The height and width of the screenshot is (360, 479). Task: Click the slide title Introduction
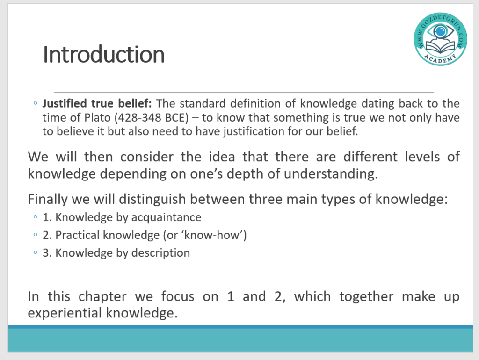click(104, 54)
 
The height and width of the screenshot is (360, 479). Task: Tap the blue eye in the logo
click(440, 31)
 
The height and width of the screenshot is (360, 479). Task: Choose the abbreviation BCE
click(176, 117)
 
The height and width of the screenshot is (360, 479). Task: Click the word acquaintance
click(166, 217)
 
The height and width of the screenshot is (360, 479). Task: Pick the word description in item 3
click(160, 253)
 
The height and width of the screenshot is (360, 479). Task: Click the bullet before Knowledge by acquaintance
click(36, 217)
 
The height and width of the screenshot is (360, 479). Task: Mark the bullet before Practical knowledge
click(36, 235)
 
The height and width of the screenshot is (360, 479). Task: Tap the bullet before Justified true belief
click(36, 103)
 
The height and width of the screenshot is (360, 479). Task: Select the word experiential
click(65, 313)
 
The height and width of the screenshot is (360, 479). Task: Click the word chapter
click(102, 296)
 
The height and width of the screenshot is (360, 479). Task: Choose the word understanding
click(331, 174)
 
